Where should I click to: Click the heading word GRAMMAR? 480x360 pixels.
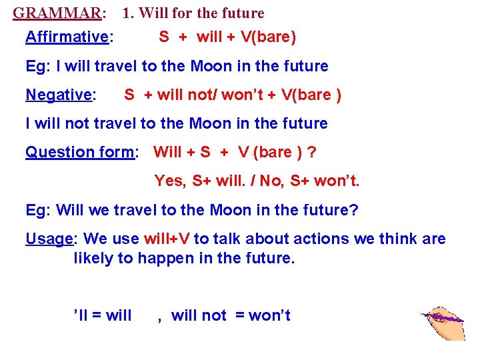click(57, 13)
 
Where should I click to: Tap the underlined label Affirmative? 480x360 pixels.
click(67, 37)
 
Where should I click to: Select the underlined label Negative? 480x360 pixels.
click(59, 95)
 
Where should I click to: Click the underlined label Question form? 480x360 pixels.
click(80, 153)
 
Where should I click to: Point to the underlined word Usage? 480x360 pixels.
click(48, 239)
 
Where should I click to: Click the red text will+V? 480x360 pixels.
click(164, 239)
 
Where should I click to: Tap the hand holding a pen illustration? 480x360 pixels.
click(443, 323)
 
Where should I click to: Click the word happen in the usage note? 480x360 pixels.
click(163, 259)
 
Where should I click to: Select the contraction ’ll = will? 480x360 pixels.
click(102, 315)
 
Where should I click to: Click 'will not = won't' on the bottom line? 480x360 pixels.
click(231, 315)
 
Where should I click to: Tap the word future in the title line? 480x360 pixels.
click(241, 13)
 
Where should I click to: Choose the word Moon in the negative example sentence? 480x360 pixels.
click(211, 124)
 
